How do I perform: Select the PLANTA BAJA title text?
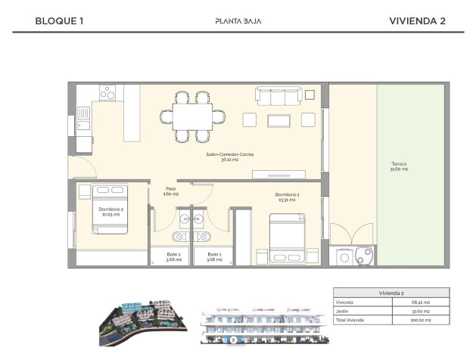click(x=238, y=21)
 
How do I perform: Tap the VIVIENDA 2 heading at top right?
click(x=416, y=21)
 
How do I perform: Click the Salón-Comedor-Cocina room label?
click(x=230, y=157)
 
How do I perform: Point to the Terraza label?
click(x=399, y=166)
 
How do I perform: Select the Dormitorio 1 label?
click(x=287, y=197)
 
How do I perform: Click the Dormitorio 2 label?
click(x=110, y=211)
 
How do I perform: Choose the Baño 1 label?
click(x=214, y=256)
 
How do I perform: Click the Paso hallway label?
click(x=171, y=191)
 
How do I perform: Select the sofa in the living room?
click(x=280, y=95)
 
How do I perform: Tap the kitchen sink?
click(x=83, y=118)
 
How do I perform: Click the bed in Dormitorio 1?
click(x=288, y=237)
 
